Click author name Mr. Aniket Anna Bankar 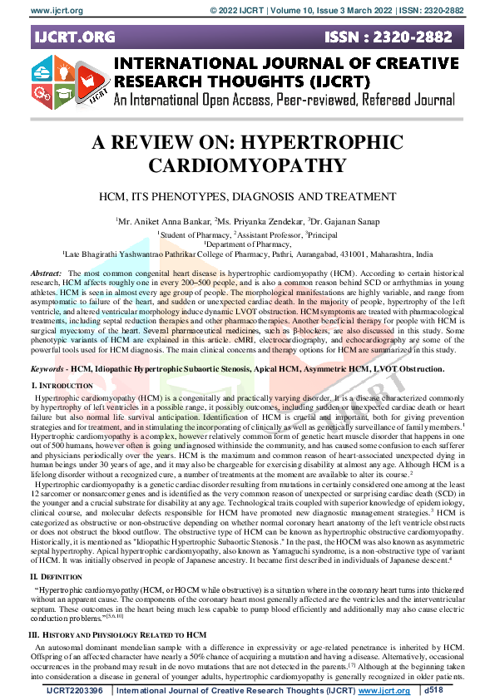click(x=162, y=221)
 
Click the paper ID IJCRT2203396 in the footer click(x=74, y=689)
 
